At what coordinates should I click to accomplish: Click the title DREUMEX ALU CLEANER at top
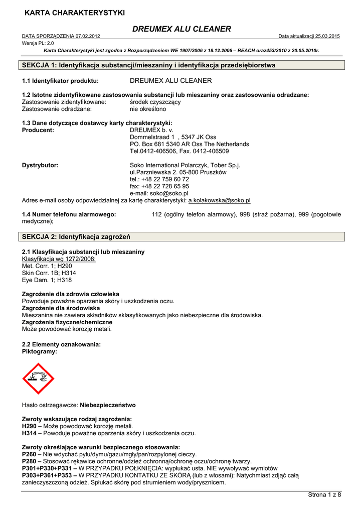click(x=181, y=29)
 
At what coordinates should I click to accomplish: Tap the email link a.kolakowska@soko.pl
click(x=219, y=200)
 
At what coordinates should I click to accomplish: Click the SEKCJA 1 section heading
click(x=149, y=65)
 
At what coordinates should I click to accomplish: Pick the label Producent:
click(x=38, y=130)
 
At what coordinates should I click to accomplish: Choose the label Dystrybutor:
click(x=40, y=165)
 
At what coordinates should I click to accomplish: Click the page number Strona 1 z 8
click(x=324, y=495)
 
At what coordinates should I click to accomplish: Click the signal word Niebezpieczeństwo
click(x=108, y=405)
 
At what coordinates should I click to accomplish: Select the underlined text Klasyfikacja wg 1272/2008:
click(x=59, y=259)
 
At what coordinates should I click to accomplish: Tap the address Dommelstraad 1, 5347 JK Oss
click(x=173, y=137)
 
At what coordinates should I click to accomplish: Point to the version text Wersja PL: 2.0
click(x=38, y=43)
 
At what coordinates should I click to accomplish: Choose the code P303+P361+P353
click(x=48, y=475)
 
